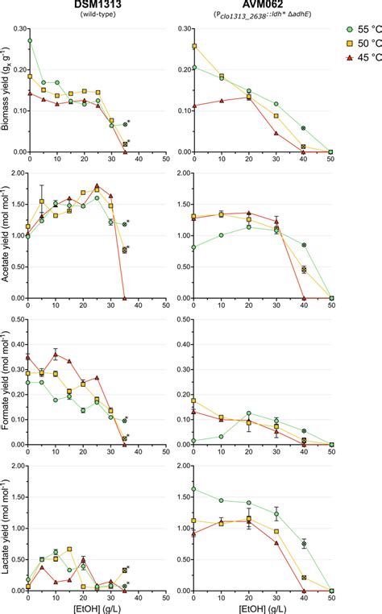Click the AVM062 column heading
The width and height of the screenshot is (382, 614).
pos(263,6)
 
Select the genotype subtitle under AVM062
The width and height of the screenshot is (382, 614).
pos(263,17)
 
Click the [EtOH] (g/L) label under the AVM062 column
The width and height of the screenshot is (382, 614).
pos(263,607)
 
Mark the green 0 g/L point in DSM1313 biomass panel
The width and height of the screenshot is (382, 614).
pos(30,40)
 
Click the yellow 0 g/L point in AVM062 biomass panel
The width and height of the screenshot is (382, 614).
pos(194,47)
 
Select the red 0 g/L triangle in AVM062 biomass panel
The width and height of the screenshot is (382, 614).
pos(194,106)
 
